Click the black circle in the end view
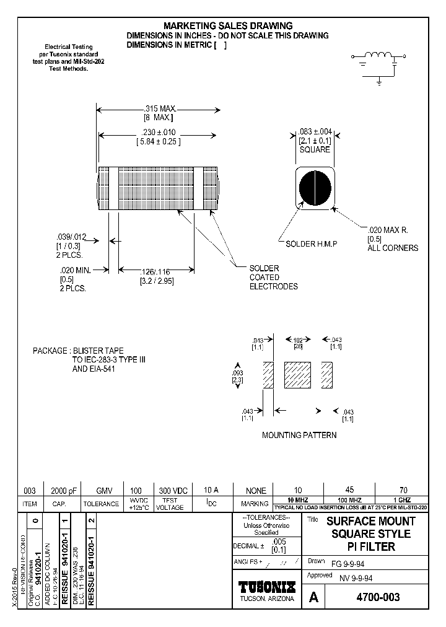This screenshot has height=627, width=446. click(316, 186)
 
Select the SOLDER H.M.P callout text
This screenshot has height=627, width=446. click(311, 243)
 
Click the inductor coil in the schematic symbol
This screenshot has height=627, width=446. click(376, 56)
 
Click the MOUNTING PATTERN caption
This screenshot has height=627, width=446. click(299, 435)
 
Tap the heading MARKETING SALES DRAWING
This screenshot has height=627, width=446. click(227, 26)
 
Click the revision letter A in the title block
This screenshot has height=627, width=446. click(313, 597)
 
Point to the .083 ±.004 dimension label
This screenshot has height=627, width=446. click(315, 131)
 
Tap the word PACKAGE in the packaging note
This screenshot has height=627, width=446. click(50, 351)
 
